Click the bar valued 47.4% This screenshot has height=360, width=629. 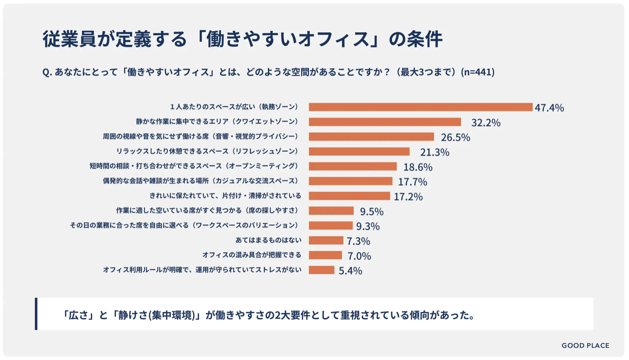point(420,107)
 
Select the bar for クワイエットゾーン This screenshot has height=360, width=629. point(385,122)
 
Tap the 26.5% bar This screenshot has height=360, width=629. point(371,137)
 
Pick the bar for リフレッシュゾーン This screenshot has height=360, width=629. point(359,151)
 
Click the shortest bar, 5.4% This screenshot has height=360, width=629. point(321,270)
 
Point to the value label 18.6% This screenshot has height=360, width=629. point(418,167)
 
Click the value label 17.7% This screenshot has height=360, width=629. point(412,182)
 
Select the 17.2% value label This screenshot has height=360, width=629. point(408,197)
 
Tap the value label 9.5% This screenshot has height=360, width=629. point(371,212)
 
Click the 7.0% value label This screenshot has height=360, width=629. point(359,256)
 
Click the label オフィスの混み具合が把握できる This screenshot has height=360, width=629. point(252,255)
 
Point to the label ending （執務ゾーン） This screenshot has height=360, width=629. point(234,107)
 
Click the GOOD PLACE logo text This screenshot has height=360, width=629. point(585,346)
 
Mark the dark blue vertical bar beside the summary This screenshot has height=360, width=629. point(36,313)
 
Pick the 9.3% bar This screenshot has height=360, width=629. point(330,226)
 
